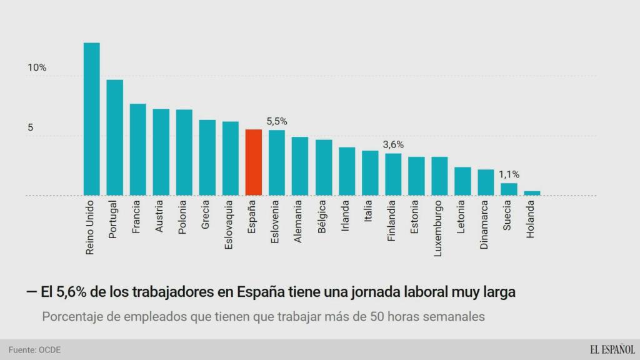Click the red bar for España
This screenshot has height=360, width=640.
pyautogui.click(x=253, y=162)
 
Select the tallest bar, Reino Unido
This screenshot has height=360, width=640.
pyautogui.click(x=92, y=119)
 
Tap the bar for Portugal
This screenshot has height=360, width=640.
pyautogui.click(x=115, y=137)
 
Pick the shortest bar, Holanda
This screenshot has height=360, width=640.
pyautogui.click(x=532, y=193)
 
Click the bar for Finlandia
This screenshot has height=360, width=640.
pyautogui.click(x=393, y=174)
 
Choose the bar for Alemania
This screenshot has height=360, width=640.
pyautogui.click(x=300, y=166)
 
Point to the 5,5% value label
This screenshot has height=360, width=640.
pyautogui.click(x=277, y=122)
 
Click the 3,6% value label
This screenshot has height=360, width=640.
pyautogui.click(x=393, y=144)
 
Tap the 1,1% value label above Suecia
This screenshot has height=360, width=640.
pyautogui.click(x=509, y=175)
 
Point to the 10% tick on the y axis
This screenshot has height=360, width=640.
pyautogui.click(x=37, y=67)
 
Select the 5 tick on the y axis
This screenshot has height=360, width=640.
pyautogui.click(x=29, y=127)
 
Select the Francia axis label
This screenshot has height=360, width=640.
pyautogui.click(x=137, y=217)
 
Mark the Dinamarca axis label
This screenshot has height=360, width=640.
pyautogui.click(x=486, y=226)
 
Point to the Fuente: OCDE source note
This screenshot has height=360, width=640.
pyautogui.click(x=34, y=349)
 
